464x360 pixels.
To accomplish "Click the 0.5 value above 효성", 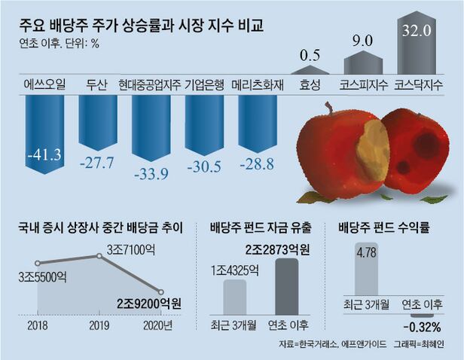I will [x=309, y=56].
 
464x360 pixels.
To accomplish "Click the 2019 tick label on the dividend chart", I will [x=99, y=325].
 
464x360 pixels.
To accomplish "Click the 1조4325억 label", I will [x=235, y=270].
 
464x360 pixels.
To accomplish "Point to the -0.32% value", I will [x=421, y=327].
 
